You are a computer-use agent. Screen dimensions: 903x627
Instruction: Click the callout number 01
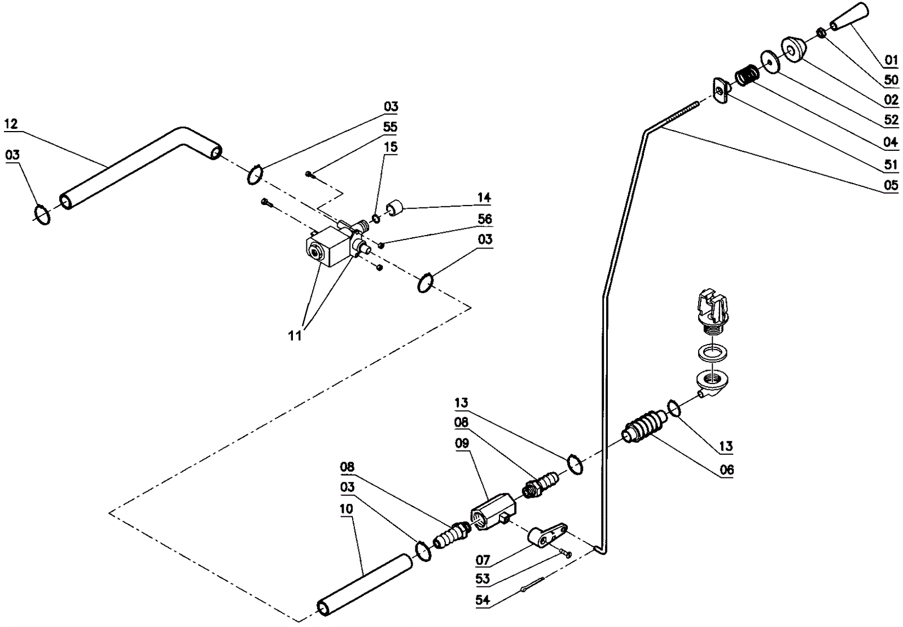pyautogui.click(x=891, y=60)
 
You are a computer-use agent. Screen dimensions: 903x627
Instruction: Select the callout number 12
pyautogui.click(x=11, y=124)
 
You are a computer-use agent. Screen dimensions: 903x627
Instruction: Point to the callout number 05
pyautogui.click(x=891, y=185)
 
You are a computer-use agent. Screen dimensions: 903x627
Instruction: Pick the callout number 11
pyautogui.click(x=295, y=336)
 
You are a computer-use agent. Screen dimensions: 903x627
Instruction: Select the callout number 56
pyautogui.click(x=485, y=219)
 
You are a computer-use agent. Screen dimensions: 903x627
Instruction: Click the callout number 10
pyautogui.click(x=347, y=509)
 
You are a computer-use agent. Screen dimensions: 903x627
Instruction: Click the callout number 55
pyautogui.click(x=390, y=127)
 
